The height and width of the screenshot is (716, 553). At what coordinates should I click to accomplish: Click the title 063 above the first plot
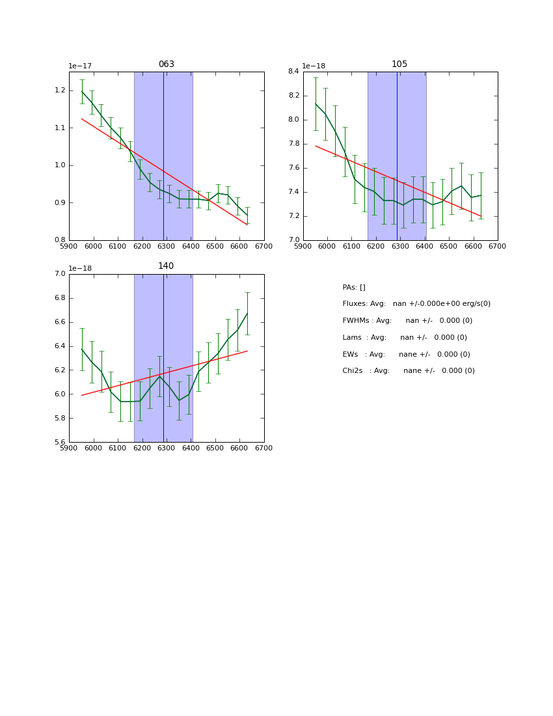[x=167, y=64]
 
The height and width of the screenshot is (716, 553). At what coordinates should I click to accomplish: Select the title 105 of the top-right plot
[x=399, y=64]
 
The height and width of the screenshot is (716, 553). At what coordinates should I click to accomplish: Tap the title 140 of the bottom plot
[x=166, y=266]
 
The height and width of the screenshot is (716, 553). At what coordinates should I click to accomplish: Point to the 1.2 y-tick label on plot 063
[x=59, y=90]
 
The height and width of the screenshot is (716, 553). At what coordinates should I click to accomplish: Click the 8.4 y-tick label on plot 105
[x=293, y=72]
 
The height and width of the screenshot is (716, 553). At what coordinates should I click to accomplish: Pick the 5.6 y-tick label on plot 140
[x=59, y=442]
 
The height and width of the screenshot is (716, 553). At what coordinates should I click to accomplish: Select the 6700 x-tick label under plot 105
[x=498, y=246]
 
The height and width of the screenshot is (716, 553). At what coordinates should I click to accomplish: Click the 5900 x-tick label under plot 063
[x=69, y=246]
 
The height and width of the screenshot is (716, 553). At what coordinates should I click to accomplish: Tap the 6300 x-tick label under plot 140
[x=167, y=448]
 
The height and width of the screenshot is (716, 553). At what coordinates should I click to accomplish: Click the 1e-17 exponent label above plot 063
[x=80, y=66]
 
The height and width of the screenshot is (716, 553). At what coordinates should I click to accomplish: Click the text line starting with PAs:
[x=354, y=287]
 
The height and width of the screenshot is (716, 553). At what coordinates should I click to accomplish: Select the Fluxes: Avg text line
[x=416, y=304]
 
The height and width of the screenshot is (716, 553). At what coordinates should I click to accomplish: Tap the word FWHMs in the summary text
[x=355, y=321]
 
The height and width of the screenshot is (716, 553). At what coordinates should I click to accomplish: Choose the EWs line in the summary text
[x=406, y=355]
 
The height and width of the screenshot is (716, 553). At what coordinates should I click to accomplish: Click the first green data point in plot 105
[x=316, y=103]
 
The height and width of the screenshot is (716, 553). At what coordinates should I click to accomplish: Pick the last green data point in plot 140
[x=247, y=313]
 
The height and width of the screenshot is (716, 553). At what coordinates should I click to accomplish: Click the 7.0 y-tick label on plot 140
[x=59, y=274]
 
